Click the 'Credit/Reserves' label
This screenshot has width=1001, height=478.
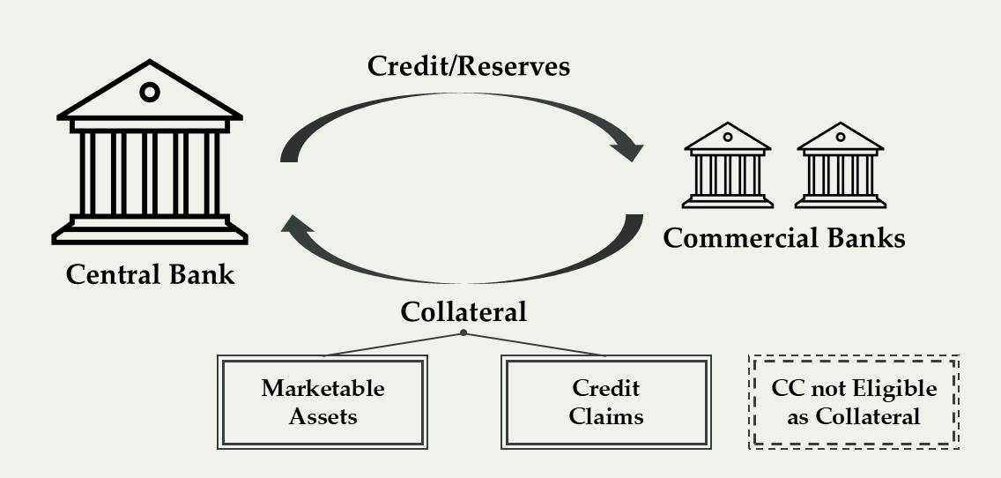[x=469, y=66]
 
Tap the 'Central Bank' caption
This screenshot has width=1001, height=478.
[x=151, y=273]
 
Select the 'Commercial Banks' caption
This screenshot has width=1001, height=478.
[x=783, y=238]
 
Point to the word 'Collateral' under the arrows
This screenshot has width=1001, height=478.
[x=463, y=311]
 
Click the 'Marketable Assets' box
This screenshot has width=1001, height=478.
[x=323, y=402]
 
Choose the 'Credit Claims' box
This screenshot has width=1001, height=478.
[x=605, y=402]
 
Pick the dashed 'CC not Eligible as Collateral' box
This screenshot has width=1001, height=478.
[x=853, y=402]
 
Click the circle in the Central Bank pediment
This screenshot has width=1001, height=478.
[x=150, y=92]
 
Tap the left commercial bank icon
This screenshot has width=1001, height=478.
[x=728, y=165]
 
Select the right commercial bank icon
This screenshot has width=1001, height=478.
[x=840, y=165]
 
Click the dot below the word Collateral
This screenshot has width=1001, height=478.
[x=463, y=332]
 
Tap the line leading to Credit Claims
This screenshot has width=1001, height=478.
[x=535, y=344]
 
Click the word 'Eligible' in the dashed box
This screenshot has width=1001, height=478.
[x=893, y=389]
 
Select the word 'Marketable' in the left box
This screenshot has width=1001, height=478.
[x=323, y=389]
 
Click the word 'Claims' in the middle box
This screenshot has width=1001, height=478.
[x=605, y=415]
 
